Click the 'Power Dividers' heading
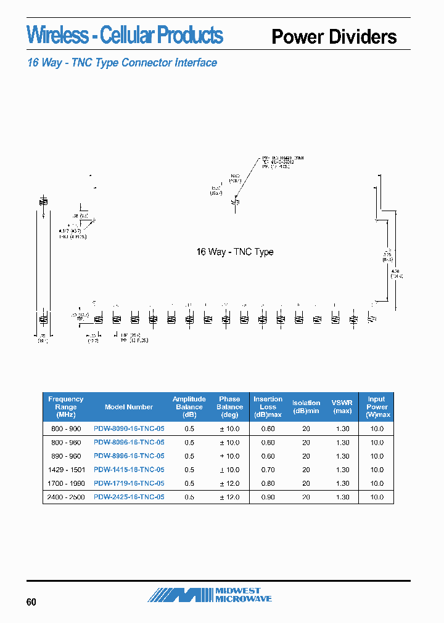(334, 37)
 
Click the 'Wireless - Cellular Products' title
(125, 35)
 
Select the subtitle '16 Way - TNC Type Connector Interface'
(122, 63)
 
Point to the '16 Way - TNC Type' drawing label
(234, 252)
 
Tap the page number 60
(31, 601)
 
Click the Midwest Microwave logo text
(243, 595)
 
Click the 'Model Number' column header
(129, 407)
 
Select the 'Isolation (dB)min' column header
(306, 407)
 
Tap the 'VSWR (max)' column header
(342, 407)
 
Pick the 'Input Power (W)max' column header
(377, 407)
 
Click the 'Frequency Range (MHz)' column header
(65, 407)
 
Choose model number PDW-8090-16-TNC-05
(129, 428)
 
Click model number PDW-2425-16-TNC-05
(129, 497)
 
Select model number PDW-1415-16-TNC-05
(129, 470)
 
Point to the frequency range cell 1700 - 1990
(65, 483)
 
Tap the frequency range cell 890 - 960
(65, 456)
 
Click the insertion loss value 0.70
(268, 470)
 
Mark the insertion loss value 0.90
(268, 497)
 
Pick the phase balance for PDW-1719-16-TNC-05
(229, 483)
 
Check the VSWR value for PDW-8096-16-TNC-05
(342, 443)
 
